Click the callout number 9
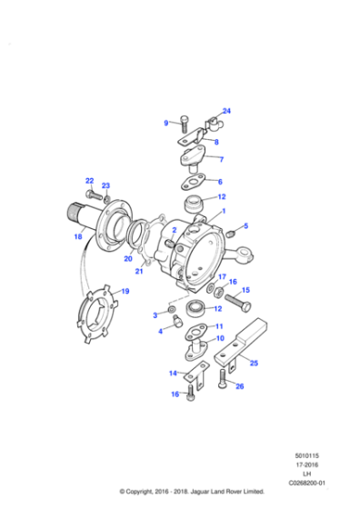pos(166,123)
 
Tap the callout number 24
pos(226,111)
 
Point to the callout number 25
pos(254,363)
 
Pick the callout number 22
pos(89,180)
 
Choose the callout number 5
pos(245,225)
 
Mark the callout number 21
pos(139,271)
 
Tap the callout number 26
pos(239,386)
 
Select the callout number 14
pos(172,373)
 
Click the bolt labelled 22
pos(94,194)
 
